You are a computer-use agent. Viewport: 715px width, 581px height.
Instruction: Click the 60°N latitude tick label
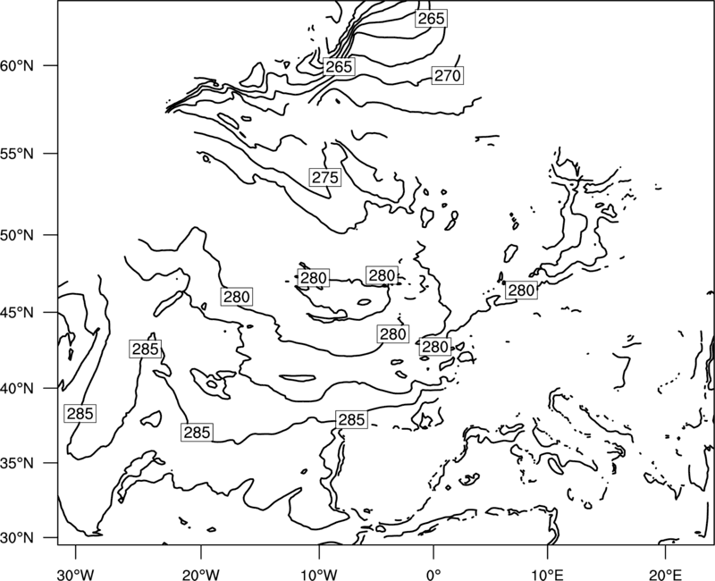point(17,66)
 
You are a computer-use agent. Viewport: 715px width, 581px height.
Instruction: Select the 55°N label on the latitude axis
point(17,154)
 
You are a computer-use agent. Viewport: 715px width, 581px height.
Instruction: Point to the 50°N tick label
point(17,235)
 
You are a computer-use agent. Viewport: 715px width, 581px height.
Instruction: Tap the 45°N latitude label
point(17,313)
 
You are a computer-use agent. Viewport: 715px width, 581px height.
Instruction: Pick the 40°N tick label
point(17,389)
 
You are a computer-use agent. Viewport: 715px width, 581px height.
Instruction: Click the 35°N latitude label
point(17,463)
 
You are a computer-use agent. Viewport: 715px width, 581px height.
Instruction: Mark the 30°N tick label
point(17,538)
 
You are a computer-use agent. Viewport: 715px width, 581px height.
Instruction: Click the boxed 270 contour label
point(448,75)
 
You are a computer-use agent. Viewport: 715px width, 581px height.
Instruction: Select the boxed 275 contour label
point(325,177)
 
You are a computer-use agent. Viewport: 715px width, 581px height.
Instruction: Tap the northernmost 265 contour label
point(431,18)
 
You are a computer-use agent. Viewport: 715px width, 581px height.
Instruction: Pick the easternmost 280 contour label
point(521,290)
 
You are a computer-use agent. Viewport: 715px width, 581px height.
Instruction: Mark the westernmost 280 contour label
point(237,297)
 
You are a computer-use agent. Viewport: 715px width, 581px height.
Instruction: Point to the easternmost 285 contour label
point(351,419)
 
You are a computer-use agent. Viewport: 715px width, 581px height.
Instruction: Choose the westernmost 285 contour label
point(80,414)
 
